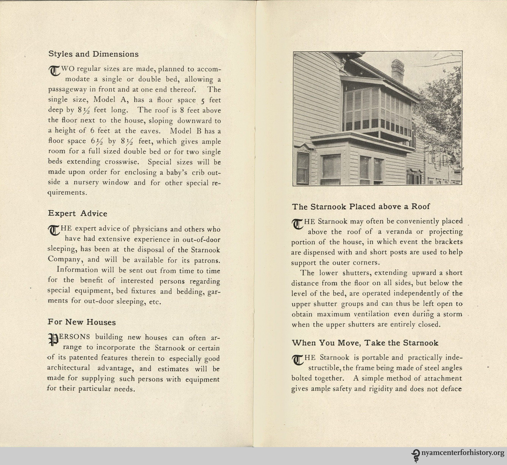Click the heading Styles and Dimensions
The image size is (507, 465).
93,54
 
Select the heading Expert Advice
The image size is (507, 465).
78,213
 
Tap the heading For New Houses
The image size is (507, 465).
82,322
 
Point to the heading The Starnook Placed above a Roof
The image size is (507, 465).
361,207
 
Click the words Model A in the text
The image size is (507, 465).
109,100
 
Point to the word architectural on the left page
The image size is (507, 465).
68,368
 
